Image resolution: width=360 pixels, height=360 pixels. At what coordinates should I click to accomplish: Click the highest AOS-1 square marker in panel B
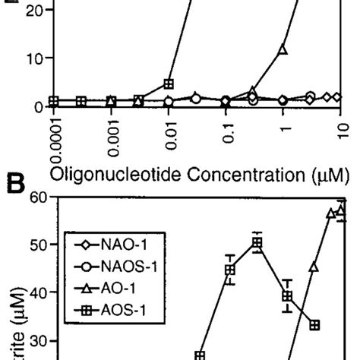[258, 244]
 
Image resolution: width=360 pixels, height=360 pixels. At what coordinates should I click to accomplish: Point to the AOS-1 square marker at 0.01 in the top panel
[169, 84]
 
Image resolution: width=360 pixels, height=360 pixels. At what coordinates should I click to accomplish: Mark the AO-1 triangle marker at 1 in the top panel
[283, 49]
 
